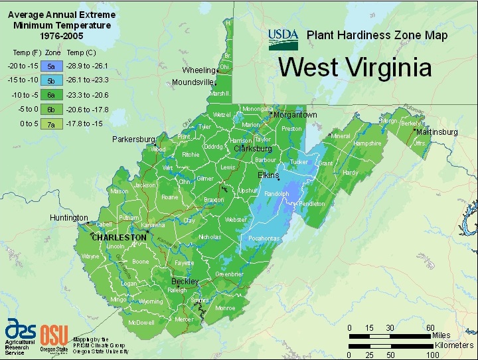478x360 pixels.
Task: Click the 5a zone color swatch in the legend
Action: tap(51, 66)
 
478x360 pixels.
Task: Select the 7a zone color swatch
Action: tap(51, 124)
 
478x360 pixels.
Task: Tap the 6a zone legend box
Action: tap(51, 95)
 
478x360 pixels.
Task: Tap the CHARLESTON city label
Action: tap(119, 237)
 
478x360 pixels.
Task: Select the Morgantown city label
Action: tap(296, 115)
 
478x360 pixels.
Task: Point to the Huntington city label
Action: tap(69, 218)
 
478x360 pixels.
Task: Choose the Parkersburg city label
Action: tap(133, 139)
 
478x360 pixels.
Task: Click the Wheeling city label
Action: tap(199, 70)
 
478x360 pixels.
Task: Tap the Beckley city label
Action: tap(185, 282)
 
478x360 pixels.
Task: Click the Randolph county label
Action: tap(277, 194)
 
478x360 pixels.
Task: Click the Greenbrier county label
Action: tap(230, 274)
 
